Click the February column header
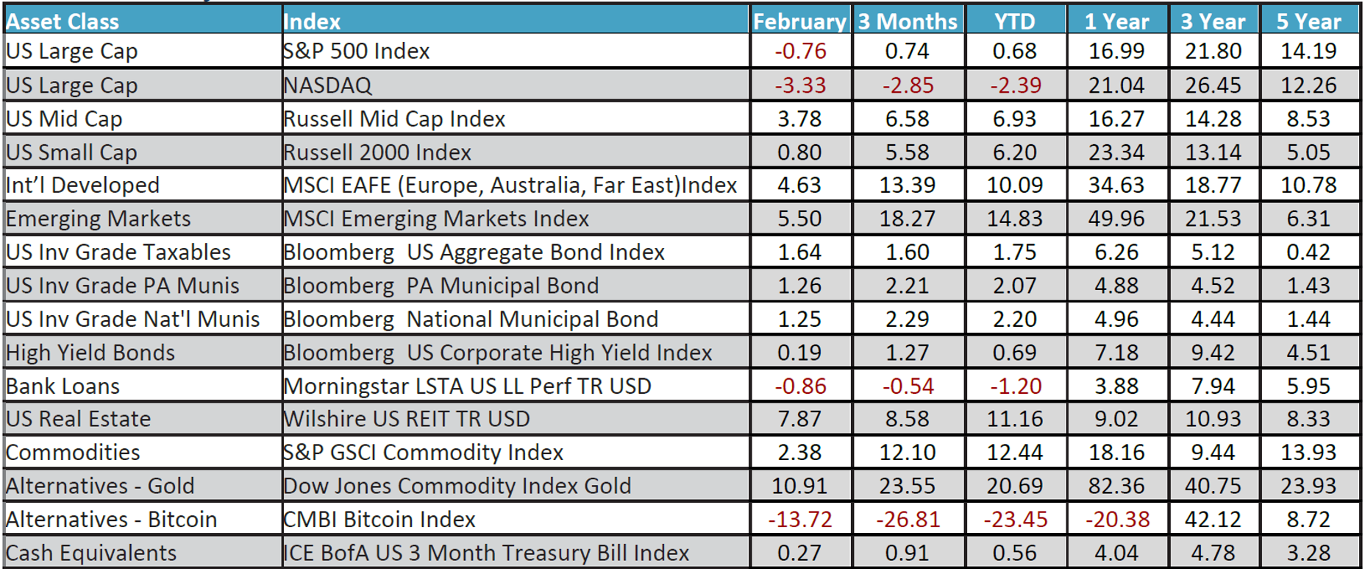[799, 21]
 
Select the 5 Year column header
[1308, 21]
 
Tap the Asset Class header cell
[63, 21]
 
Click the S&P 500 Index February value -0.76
[800, 51]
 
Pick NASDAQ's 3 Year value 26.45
[1213, 85]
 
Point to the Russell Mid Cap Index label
[394, 119]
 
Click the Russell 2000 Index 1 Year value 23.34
[1116, 152]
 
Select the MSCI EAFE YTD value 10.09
[1015, 185]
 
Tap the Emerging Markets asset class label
[99, 219]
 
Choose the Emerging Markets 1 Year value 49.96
[1116, 219]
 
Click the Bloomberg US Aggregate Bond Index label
[474, 252]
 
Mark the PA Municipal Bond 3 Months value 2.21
[908, 286]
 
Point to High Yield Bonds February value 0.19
[799, 353]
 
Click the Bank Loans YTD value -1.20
[1016, 386]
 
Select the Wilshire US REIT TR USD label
[407, 419]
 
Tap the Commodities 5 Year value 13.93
[1308, 452]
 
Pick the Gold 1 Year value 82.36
[1116, 486]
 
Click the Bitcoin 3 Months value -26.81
[908, 520]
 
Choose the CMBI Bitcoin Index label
[379, 520]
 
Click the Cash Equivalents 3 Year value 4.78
[1213, 553]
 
